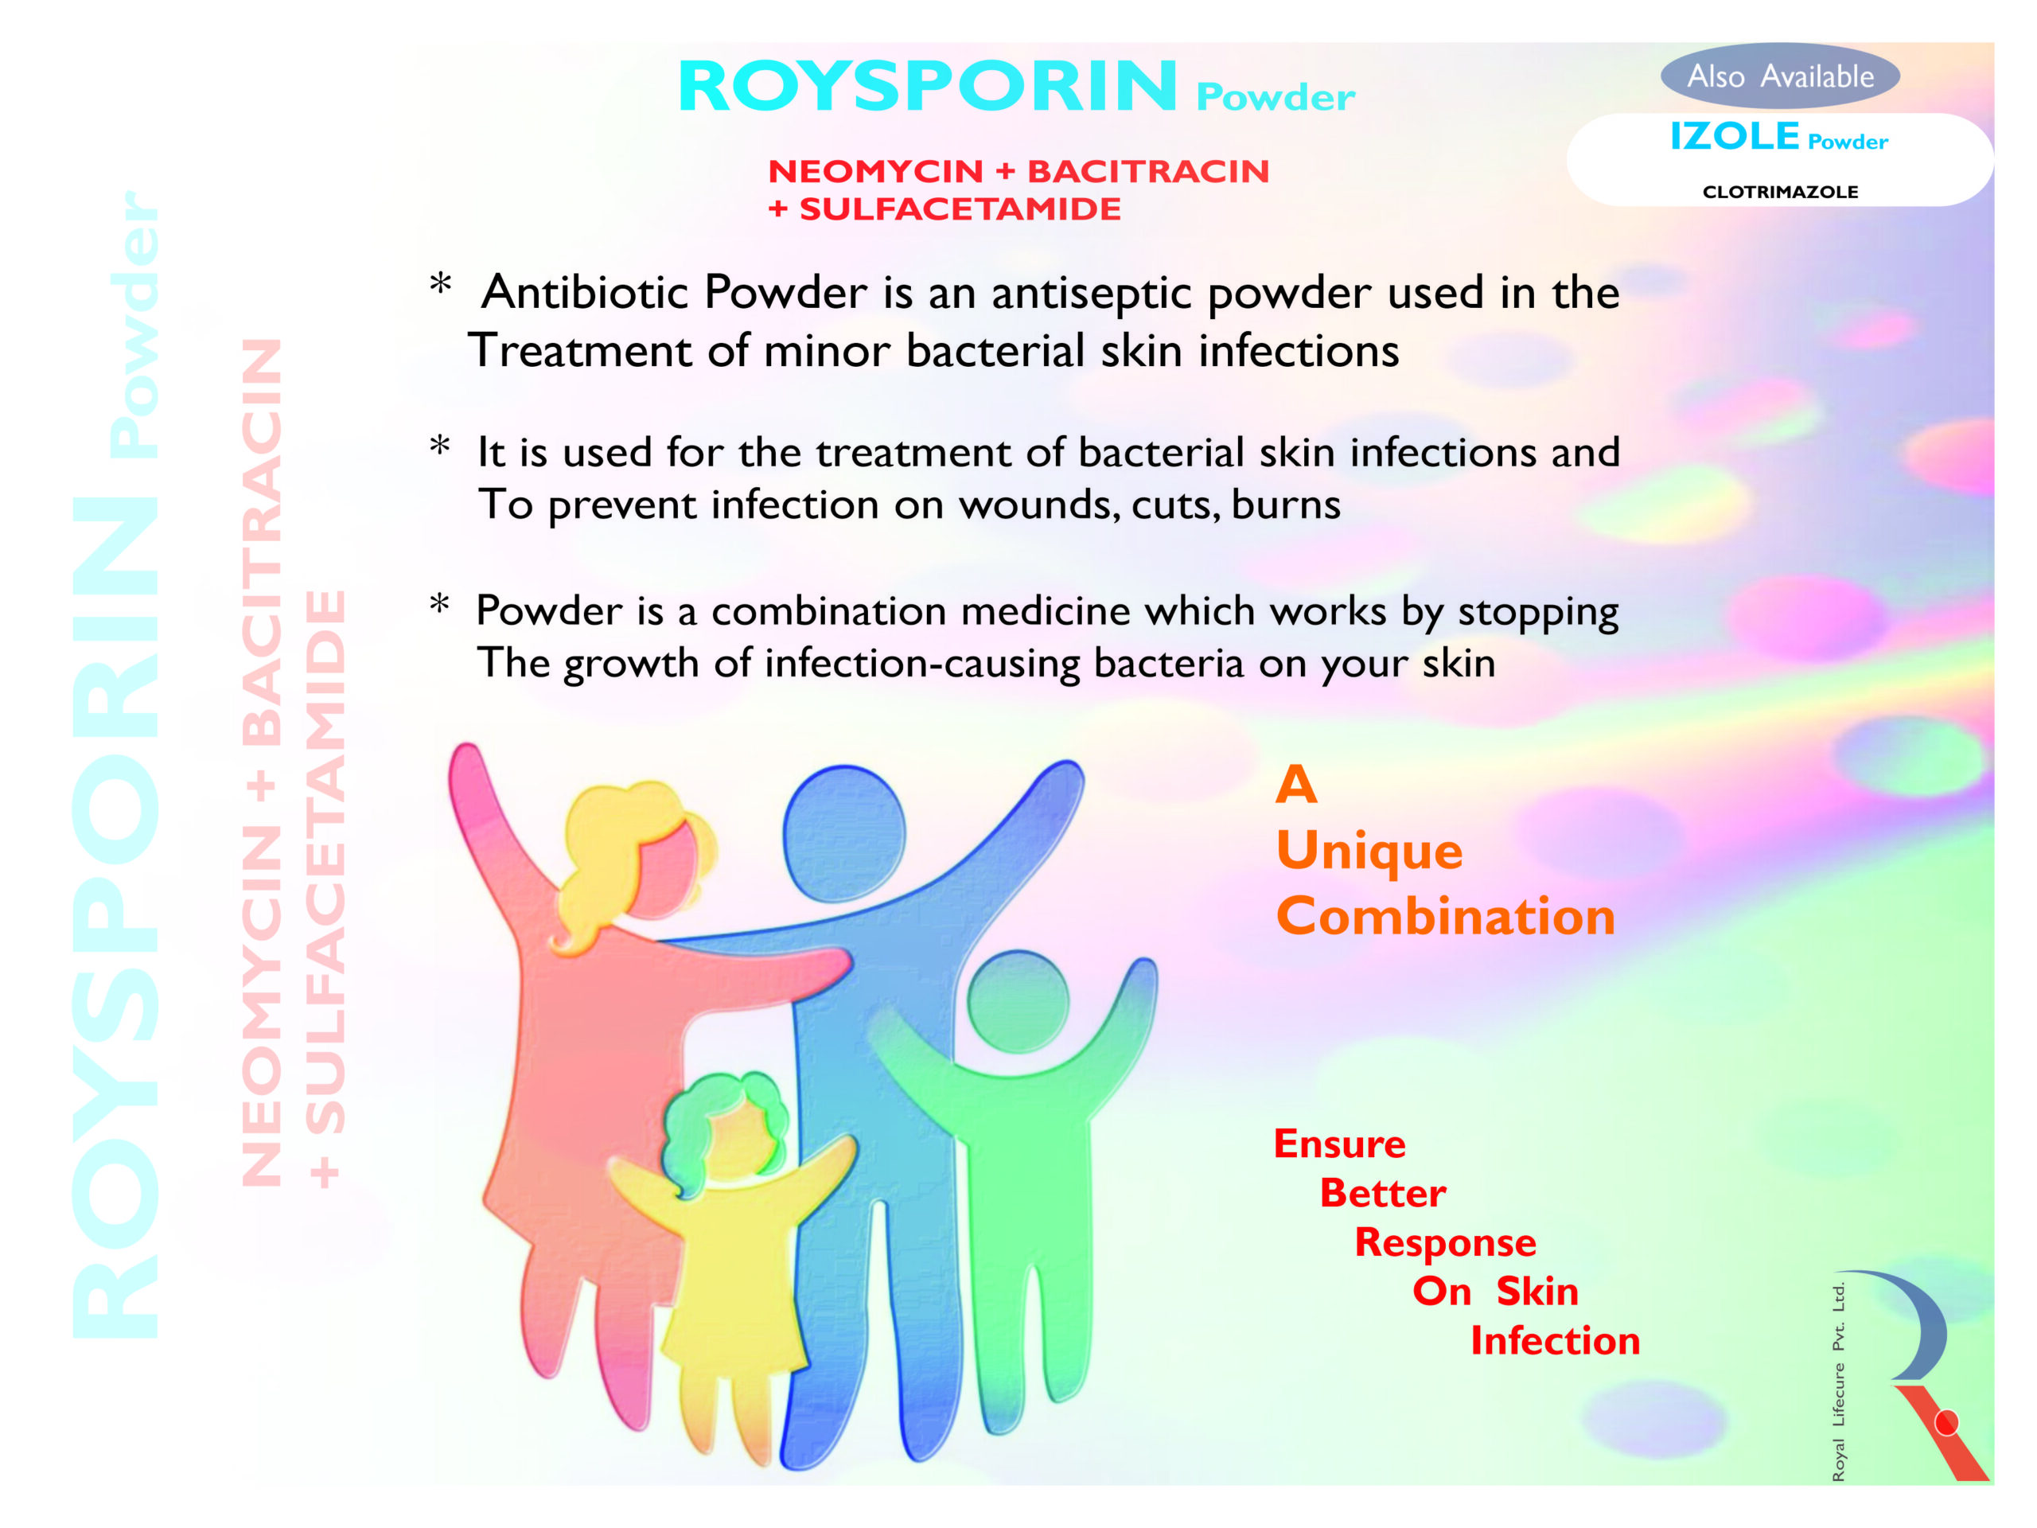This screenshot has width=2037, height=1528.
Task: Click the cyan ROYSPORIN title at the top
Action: [x=927, y=87]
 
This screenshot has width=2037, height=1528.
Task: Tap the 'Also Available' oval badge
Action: [x=1780, y=76]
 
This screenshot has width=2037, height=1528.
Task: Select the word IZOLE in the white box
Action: [x=1734, y=136]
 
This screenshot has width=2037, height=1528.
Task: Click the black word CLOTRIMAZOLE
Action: [x=1780, y=192]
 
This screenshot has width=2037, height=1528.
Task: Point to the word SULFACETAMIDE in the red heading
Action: [x=960, y=209]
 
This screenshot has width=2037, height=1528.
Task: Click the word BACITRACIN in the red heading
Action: [x=1148, y=171]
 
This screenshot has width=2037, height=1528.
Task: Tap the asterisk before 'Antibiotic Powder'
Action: [x=441, y=283]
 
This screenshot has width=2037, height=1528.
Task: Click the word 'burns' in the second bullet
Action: [x=1286, y=505]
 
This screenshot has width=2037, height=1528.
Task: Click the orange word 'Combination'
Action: [x=1446, y=917]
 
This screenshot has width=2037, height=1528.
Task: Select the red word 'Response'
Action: [x=1445, y=1243]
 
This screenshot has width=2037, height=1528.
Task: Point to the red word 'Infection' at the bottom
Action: [x=1556, y=1341]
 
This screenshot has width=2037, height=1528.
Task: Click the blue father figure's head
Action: [x=843, y=833]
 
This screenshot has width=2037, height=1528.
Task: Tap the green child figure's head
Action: [x=1018, y=1002]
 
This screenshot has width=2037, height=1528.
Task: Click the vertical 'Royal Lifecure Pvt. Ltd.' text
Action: [x=1838, y=1382]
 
